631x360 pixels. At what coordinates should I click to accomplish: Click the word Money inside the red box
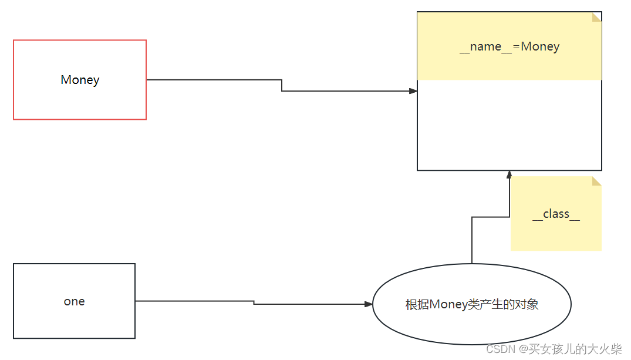pos(80,80)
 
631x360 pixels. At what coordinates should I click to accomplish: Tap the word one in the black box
pos(75,301)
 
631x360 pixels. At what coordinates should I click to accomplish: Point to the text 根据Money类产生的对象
pos(472,304)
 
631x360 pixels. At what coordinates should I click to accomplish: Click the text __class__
pos(556,214)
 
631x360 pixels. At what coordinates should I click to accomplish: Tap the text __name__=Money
pos(509,46)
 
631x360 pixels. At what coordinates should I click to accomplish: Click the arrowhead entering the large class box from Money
pos(413,91)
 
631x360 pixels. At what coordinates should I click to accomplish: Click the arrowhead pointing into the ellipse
pos(369,304)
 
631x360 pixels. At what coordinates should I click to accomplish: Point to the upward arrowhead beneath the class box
pos(509,174)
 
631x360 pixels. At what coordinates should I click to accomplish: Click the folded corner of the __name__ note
pos(597,16)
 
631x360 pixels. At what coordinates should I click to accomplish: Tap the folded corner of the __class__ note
pos(597,181)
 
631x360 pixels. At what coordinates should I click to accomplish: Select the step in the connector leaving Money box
pos(282,86)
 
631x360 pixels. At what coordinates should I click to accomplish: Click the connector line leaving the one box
pos(194,301)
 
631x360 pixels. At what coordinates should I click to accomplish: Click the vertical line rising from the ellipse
pos(472,241)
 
